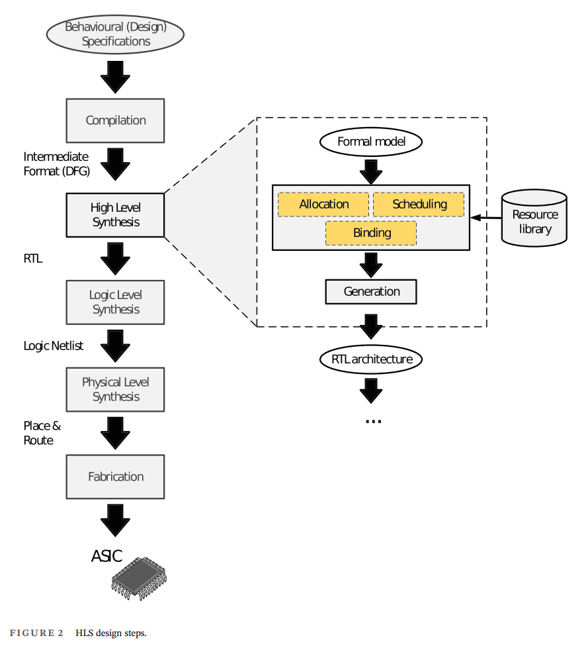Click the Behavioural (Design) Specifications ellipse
click(x=116, y=34)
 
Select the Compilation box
click(x=116, y=120)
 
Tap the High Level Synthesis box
click(x=116, y=215)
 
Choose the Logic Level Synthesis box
click(x=116, y=302)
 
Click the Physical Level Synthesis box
click(x=116, y=390)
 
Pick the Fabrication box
click(x=116, y=477)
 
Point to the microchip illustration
click(x=140, y=578)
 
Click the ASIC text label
click(x=106, y=556)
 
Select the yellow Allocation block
click(x=323, y=205)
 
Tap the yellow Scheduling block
click(x=419, y=205)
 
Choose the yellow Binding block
click(x=372, y=233)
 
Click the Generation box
click(x=372, y=292)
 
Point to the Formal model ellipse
click(x=371, y=142)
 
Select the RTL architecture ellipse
click(x=371, y=359)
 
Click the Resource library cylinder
click(x=534, y=218)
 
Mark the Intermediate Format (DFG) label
click(x=56, y=164)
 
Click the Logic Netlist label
click(x=54, y=346)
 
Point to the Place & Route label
click(x=42, y=433)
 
